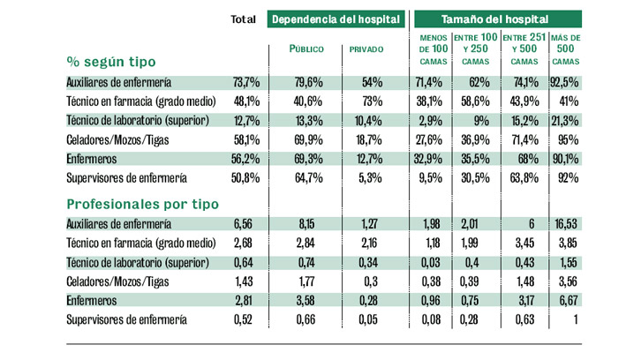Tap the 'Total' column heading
point(243,19)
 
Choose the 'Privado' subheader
point(366,49)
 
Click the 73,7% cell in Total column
point(245,82)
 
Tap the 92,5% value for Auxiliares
point(566,82)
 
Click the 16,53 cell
point(566,224)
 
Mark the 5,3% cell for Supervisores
point(369,178)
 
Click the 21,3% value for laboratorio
point(566,120)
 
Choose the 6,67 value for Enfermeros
point(568,301)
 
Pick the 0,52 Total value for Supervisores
point(245,319)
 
